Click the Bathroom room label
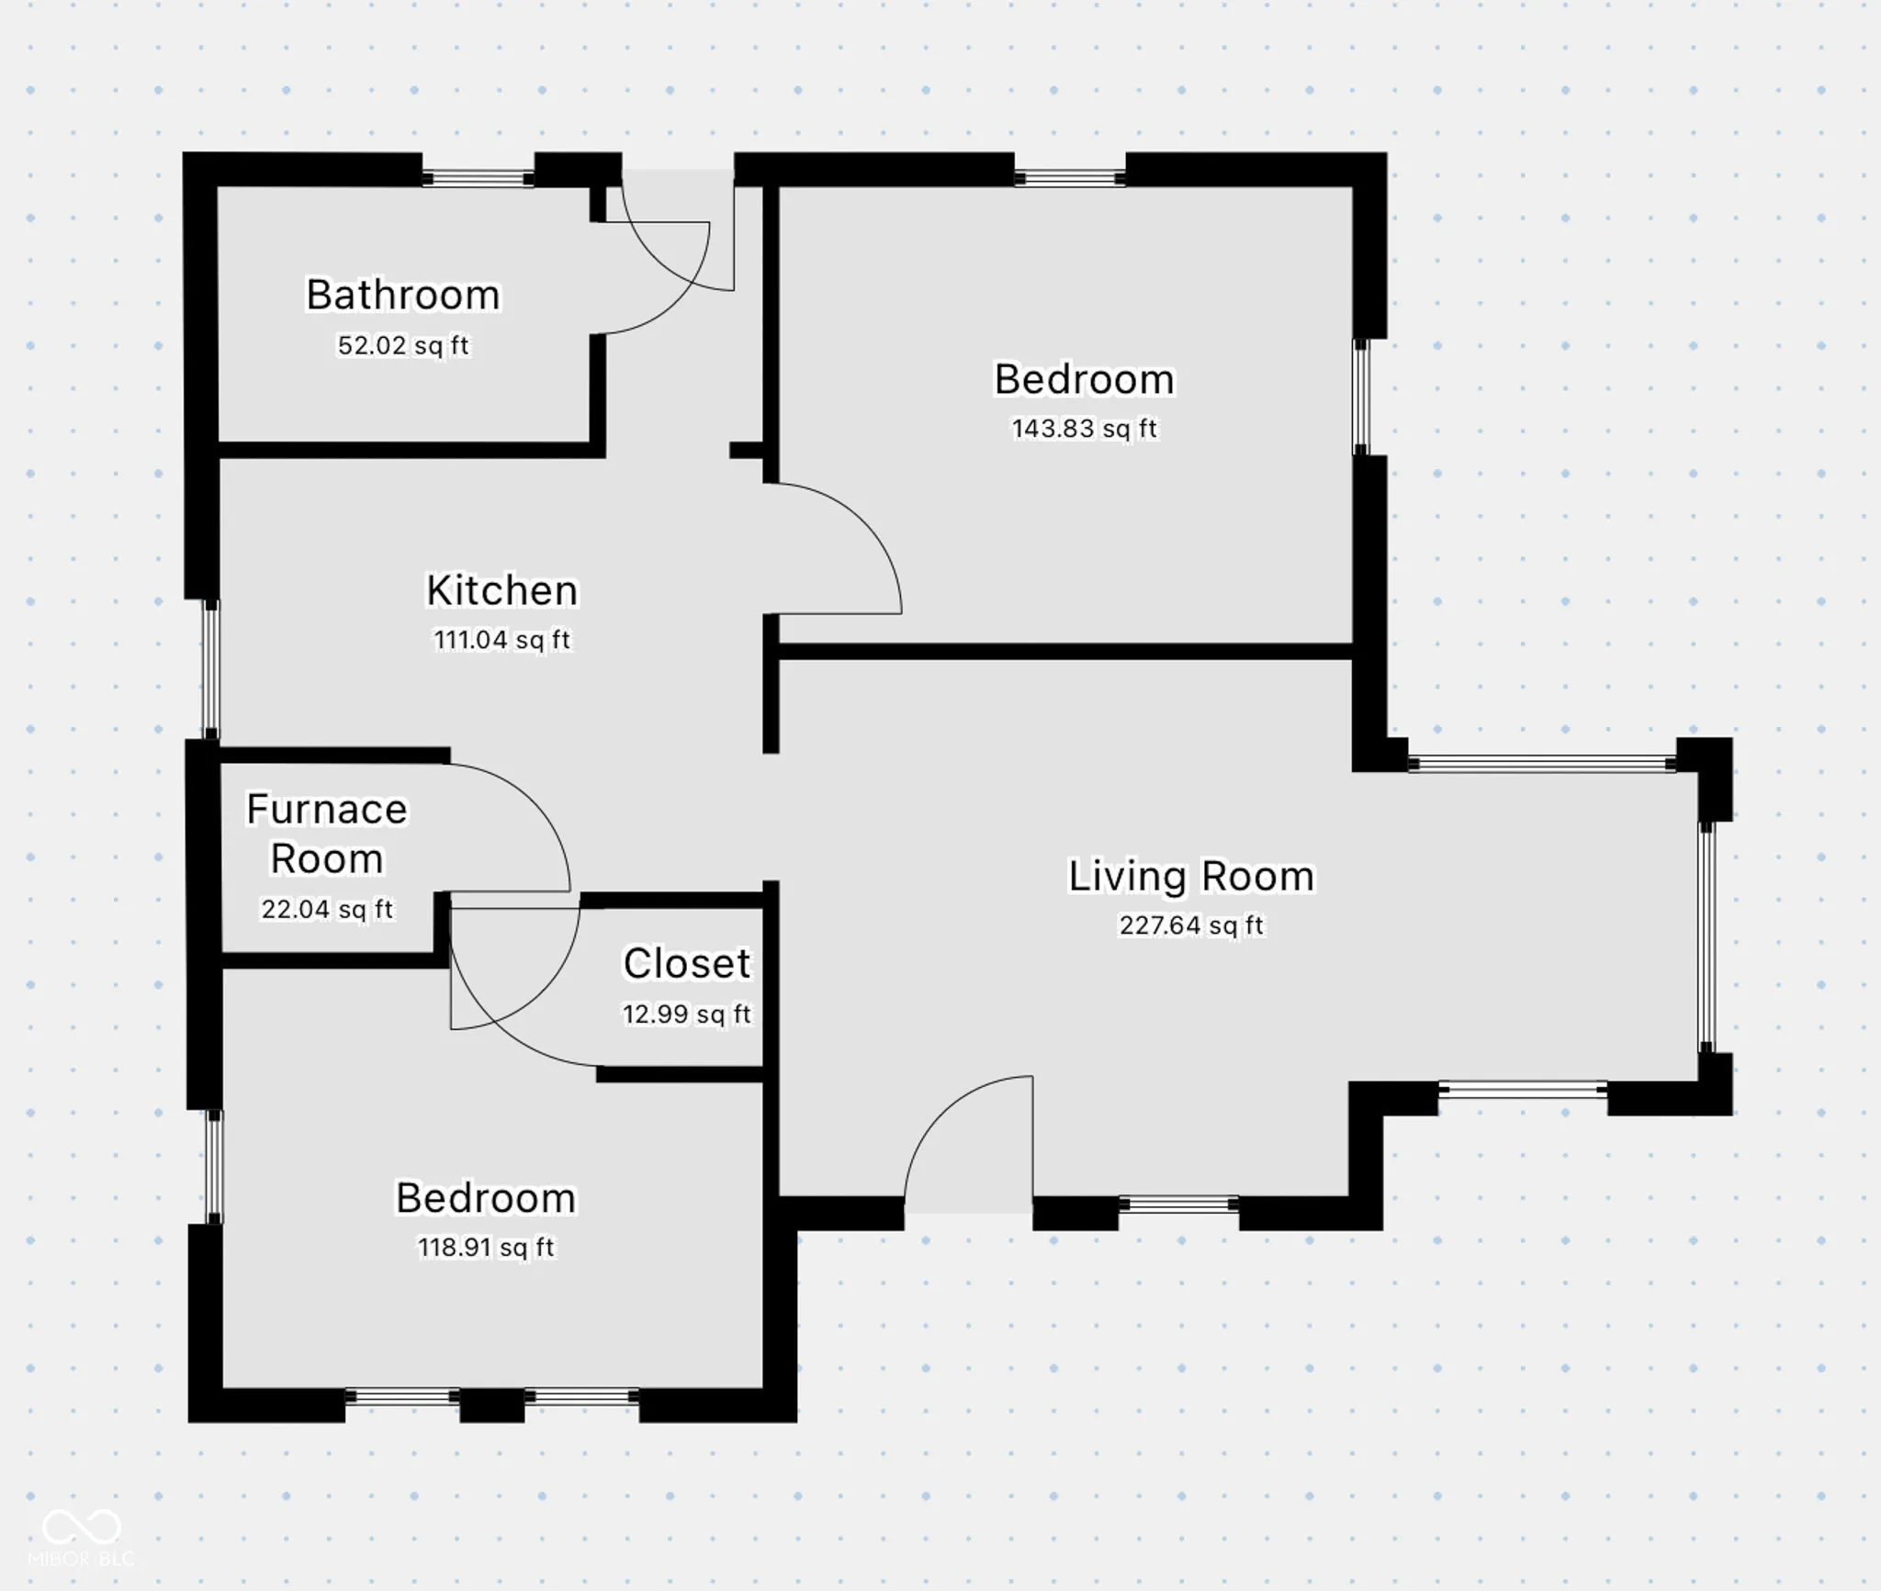pos(403,295)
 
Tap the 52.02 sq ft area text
pos(403,345)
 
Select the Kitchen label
pos(502,590)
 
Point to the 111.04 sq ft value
pos(502,640)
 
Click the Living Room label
pos(1191,876)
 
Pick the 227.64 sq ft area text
pos(1191,925)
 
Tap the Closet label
pos(687,963)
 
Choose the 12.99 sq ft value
pos(687,1014)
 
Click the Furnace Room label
pos(327,834)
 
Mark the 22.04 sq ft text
pos(327,909)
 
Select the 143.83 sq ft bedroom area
pos(1085,429)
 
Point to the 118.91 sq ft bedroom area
pos(486,1247)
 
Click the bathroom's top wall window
pos(478,178)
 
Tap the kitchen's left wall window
pos(211,669)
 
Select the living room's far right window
pos(1706,937)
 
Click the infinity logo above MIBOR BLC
pos(81,1527)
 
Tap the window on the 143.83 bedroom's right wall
pos(1361,398)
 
